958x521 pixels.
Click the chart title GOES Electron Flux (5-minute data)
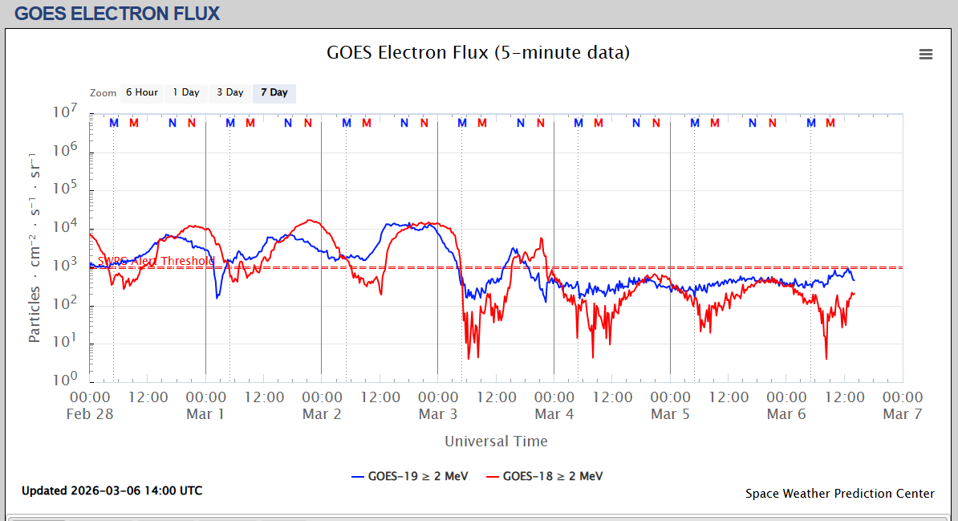pos(478,53)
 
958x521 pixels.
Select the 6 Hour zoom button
pos(141,92)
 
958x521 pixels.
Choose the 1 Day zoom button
pos(186,92)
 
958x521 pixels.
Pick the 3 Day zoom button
pos(230,92)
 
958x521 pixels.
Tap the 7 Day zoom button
pos(274,92)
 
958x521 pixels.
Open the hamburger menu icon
pos(926,54)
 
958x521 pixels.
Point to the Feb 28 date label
pos(91,414)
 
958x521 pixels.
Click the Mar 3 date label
pos(438,414)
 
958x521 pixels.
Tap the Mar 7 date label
pos(903,414)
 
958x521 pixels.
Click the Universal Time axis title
pos(496,441)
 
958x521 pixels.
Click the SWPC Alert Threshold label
pos(156,261)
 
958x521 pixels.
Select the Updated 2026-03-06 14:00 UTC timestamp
pos(112,490)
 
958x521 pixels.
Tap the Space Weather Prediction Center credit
pos(839,494)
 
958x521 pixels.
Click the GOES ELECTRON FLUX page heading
pos(117,14)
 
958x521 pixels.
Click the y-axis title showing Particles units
pos(35,246)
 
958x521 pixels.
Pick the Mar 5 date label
pos(670,414)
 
